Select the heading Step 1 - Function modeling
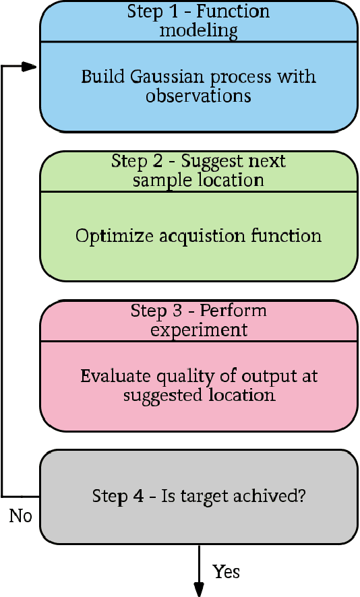(198, 21)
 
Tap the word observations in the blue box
(198, 96)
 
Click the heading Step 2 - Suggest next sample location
(198, 170)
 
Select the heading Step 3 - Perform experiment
(198, 320)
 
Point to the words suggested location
(199, 394)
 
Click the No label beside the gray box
(20, 516)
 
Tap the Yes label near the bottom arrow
(227, 572)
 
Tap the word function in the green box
(291, 236)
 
